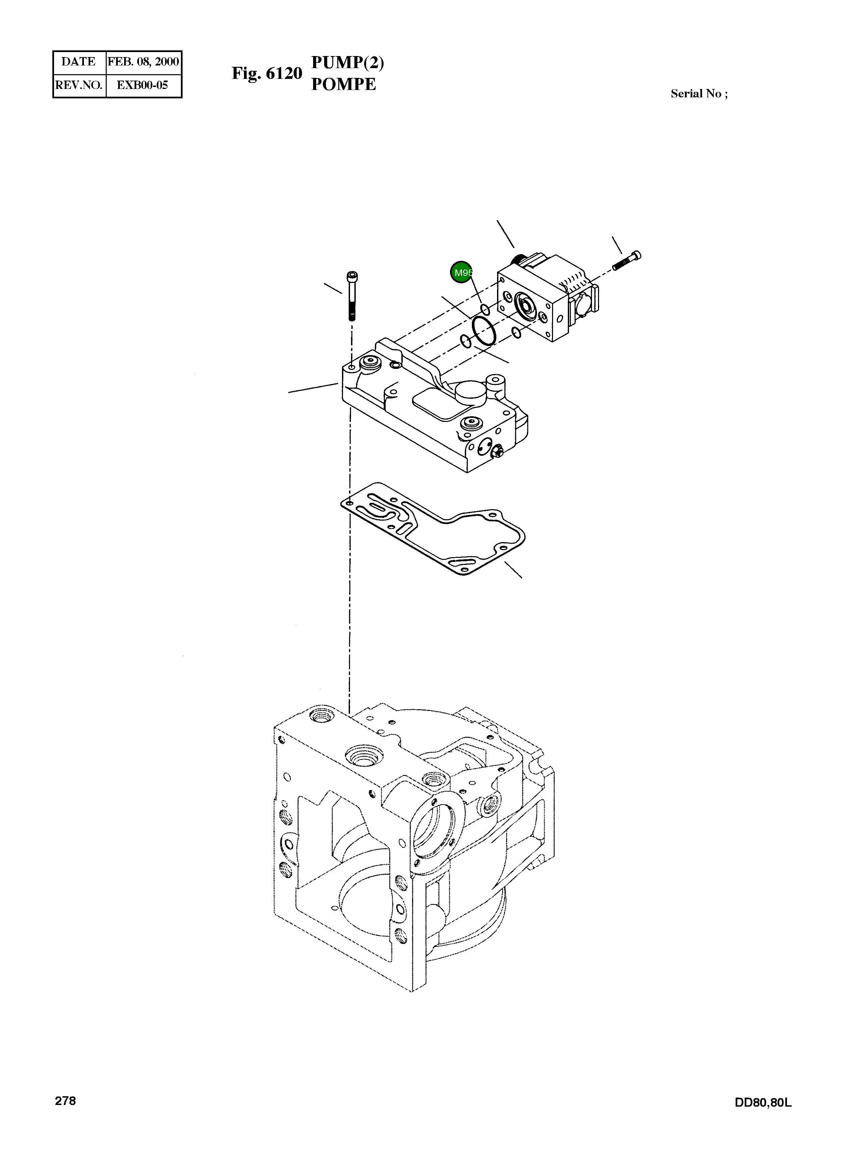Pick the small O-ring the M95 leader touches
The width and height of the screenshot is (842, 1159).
click(x=485, y=310)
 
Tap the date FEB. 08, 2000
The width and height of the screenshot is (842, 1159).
click(x=143, y=62)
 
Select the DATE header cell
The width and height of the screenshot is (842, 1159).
click(x=79, y=62)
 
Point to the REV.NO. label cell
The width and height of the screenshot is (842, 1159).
click(x=79, y=85)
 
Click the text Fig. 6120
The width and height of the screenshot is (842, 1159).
click(x=267, y=74)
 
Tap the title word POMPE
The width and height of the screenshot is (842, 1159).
click(x=343, y=84)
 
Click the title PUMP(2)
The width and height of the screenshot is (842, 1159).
click(x=347, y=62)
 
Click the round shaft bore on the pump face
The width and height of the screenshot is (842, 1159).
click(x=525, y=306)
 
